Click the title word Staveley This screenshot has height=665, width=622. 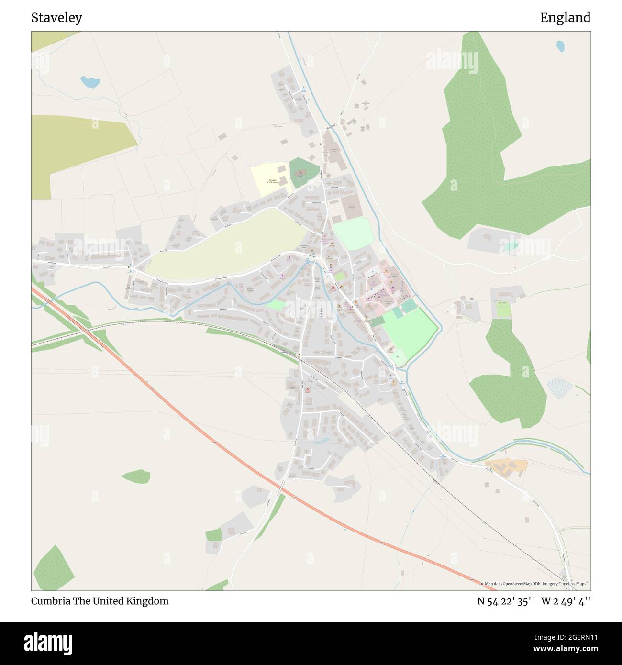(x=56, y=18)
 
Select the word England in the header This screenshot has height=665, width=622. (x=565, y=18)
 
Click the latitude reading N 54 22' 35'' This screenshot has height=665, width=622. (x=505, y=601)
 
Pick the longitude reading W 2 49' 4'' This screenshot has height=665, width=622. (x=566, y=601)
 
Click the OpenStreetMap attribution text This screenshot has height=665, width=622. (x=536, y=584)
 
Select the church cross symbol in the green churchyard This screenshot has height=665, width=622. (x=300, y=170)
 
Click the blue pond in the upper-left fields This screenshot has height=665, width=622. (x=89, y=82)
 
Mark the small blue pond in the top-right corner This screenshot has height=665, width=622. (x=560, y=46)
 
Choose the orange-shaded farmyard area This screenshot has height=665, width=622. (x=507, y=465)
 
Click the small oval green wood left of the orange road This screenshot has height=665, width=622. (x=136, y=476)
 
